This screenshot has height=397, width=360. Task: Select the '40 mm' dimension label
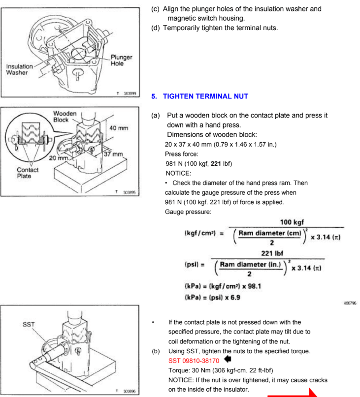119,128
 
